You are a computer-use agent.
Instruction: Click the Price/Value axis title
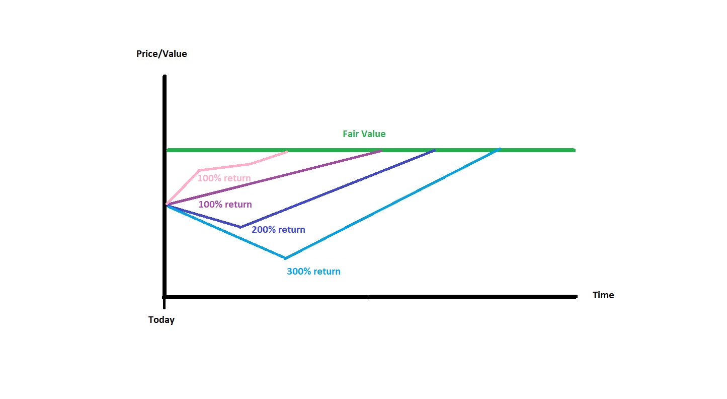161,54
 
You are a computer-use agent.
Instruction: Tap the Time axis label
603,295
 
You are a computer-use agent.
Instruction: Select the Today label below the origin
161,320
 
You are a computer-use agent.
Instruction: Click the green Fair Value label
364,134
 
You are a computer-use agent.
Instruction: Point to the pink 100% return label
224,178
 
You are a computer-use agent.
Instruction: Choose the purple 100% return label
225,205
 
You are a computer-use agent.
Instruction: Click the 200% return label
278,230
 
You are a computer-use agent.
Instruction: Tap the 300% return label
313,272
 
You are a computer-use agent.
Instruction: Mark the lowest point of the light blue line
285,258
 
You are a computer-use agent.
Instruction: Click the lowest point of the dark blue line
240,227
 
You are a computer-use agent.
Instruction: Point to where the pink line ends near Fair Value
287,152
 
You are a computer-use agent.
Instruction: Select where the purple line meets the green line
381,151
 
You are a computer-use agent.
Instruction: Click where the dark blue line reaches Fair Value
434,151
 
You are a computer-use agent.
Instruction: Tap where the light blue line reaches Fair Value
499,150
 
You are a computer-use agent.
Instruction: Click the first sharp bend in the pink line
199,170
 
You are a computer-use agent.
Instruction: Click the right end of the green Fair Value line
575,150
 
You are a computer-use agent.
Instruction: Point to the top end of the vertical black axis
165,77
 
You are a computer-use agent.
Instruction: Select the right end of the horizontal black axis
576,296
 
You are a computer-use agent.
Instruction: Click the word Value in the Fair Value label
375,134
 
